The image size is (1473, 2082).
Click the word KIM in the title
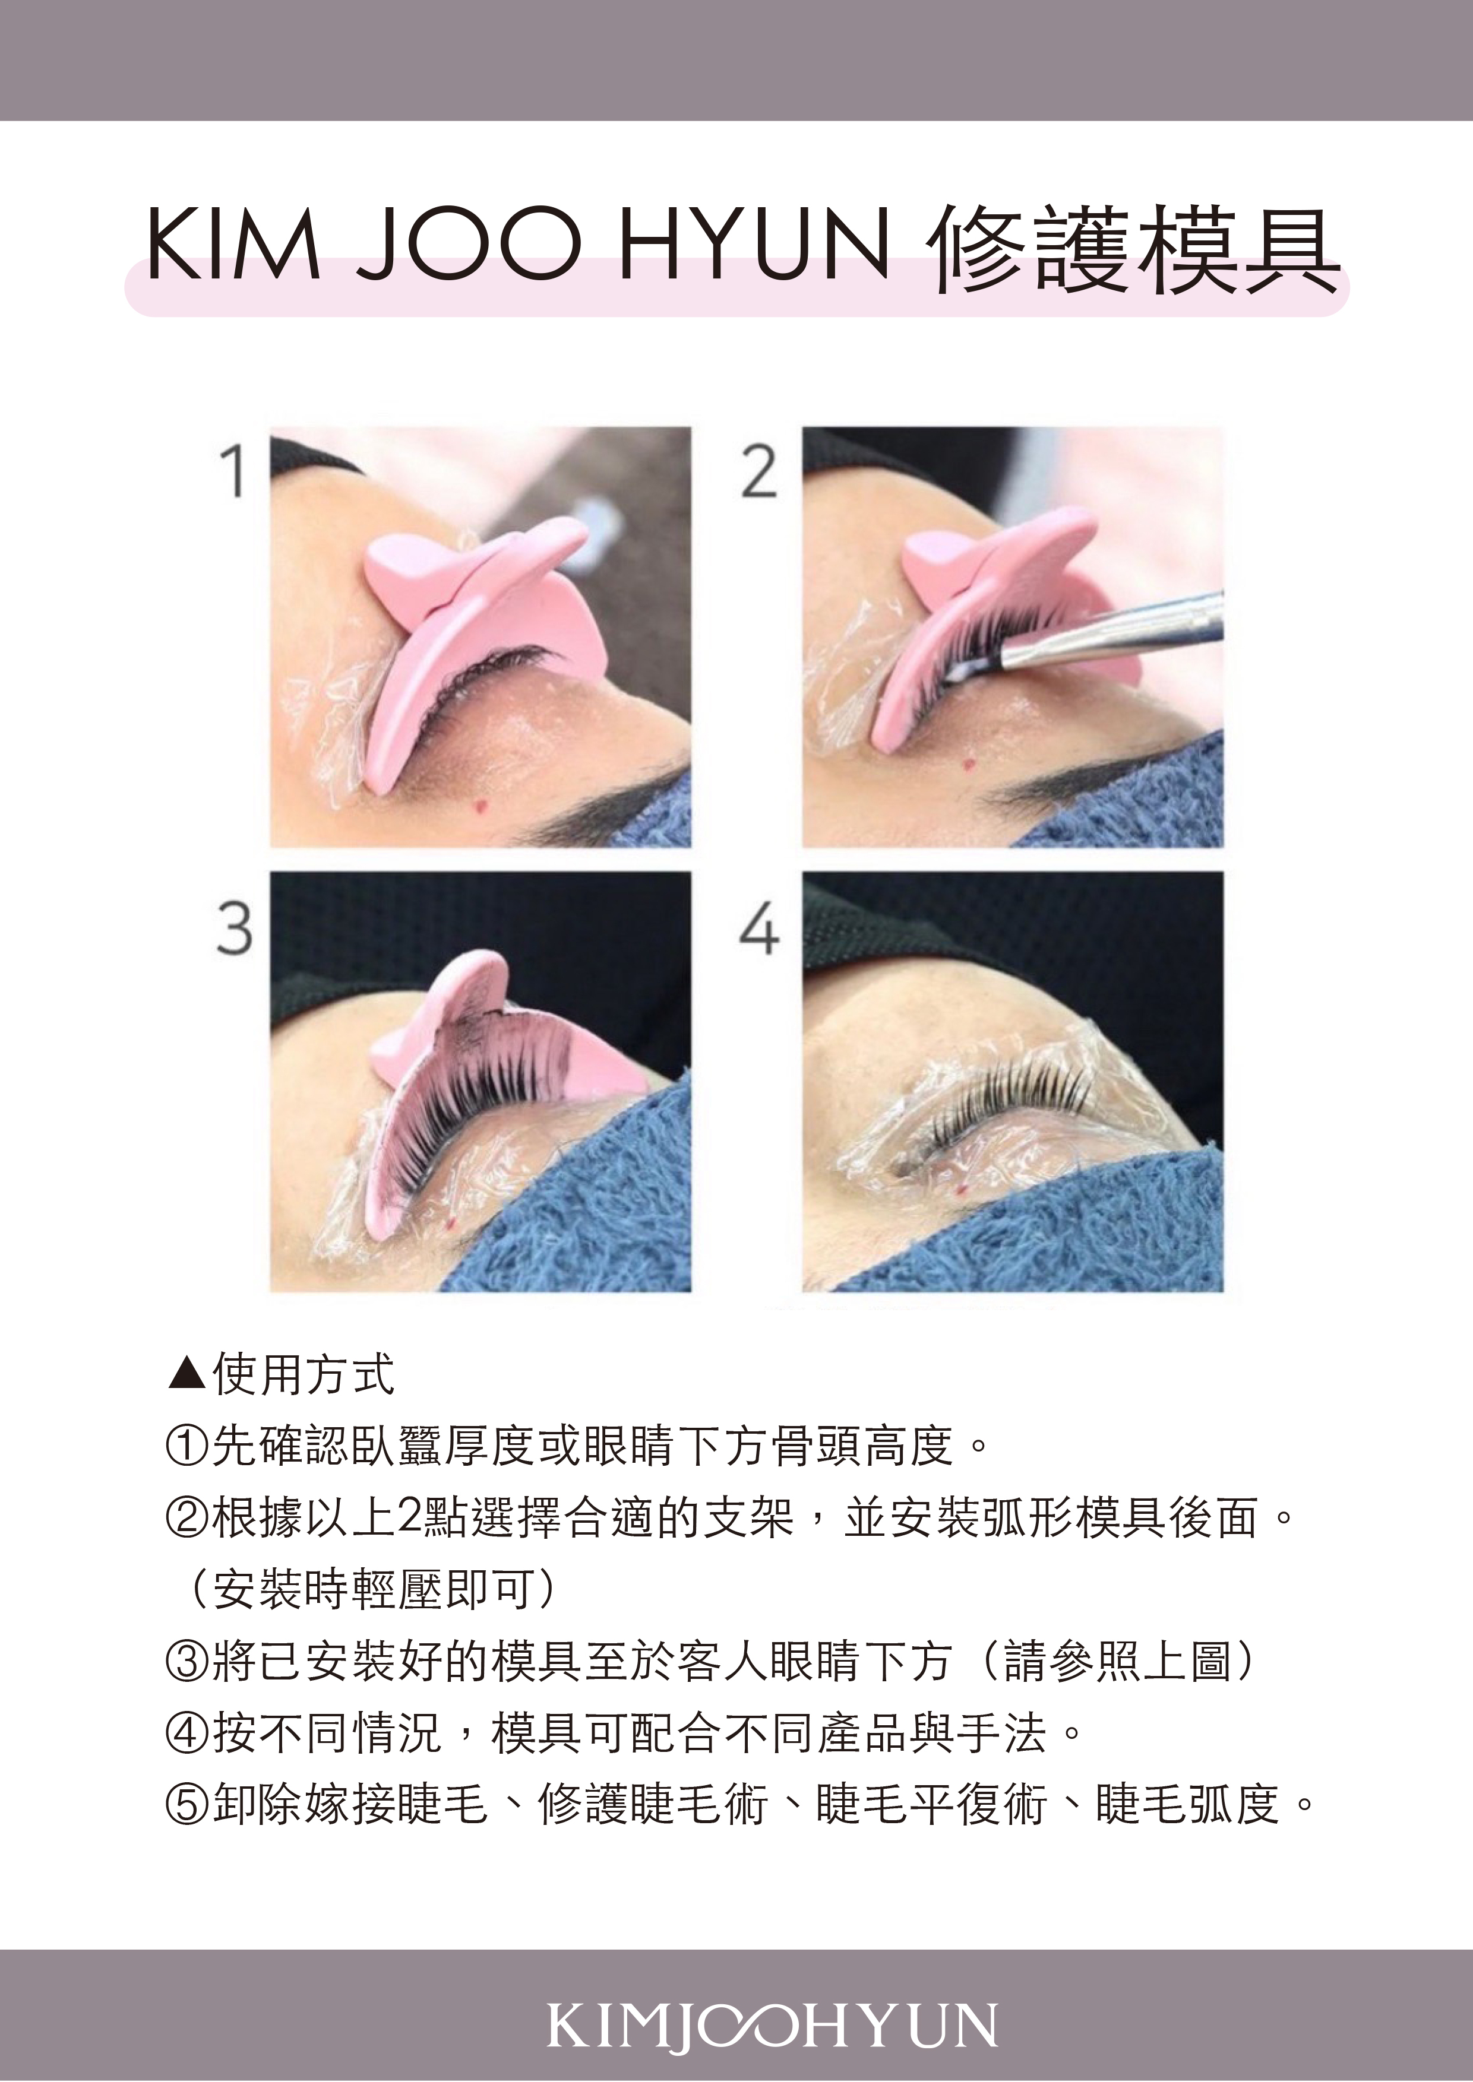click(233, 245)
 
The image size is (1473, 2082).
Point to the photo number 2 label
click(759, 471)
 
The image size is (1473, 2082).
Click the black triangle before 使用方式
click(188, 1374)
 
